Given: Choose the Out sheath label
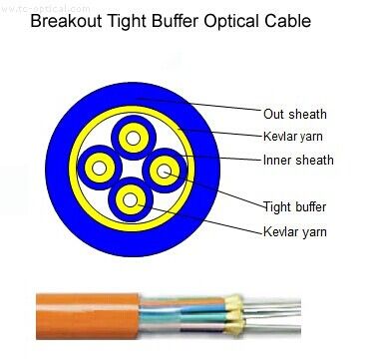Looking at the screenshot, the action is (294, 114).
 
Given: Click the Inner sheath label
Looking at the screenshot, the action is (298, 160).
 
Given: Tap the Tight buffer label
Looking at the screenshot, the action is (294, 207).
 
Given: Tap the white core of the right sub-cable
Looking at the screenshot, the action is (162, 172).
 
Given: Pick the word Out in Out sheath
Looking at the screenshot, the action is (273, 114).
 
